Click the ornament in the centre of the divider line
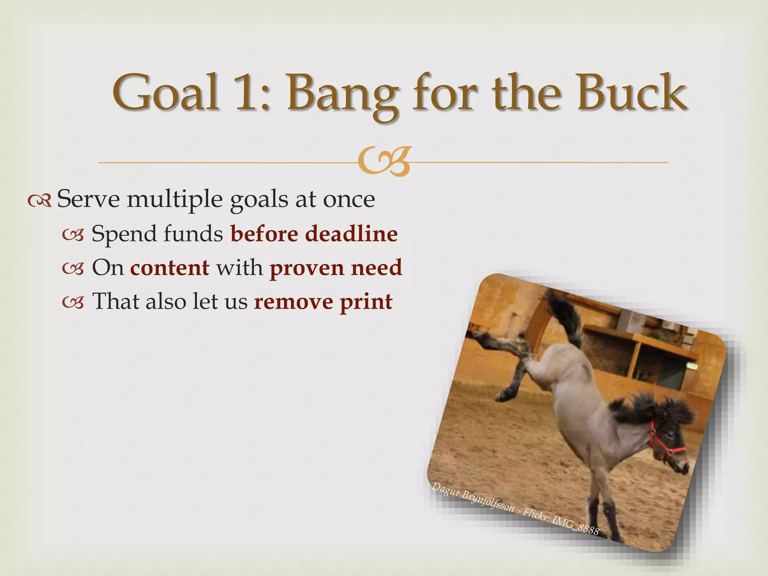pos(384,162)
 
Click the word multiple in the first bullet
pos(174,199)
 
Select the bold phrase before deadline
pos(314,234)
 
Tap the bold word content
pos(169,267)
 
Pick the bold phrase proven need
pos(336,268)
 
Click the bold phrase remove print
pos(323,301)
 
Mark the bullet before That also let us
pos(73,302)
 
